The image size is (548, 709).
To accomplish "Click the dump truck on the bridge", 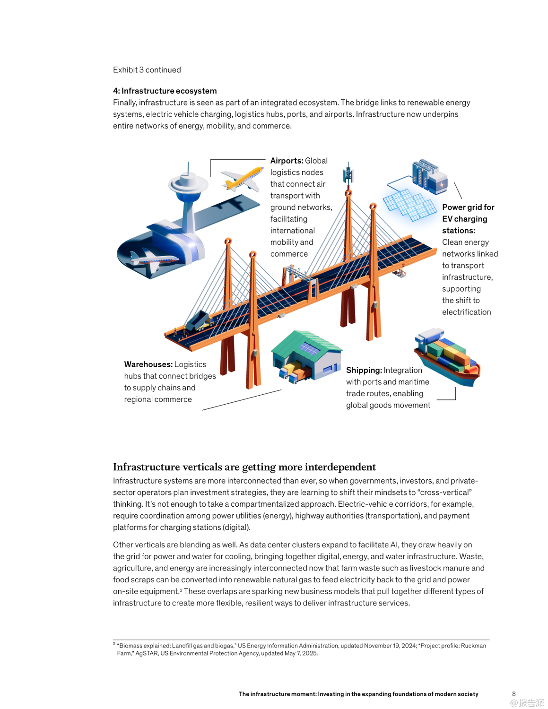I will [x=199, y=321].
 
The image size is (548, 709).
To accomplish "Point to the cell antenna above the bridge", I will [x=348, y=174].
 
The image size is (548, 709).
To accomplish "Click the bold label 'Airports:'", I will [x=287, y=161].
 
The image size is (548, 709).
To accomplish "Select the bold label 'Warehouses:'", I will [x=148, y=364].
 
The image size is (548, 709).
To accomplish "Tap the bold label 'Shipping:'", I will [x=364, y=370].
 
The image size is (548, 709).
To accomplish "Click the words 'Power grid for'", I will [x=468, y=207].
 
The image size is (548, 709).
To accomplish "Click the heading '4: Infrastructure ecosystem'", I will [x=165, y=91].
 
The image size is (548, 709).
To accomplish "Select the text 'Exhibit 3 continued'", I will [x=147, y=70].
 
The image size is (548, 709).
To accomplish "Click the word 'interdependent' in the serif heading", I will [x=340, y=467].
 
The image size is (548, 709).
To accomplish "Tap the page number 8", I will [x=513, y=694].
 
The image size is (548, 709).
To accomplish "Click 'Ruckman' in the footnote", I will [x=473, y=646].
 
